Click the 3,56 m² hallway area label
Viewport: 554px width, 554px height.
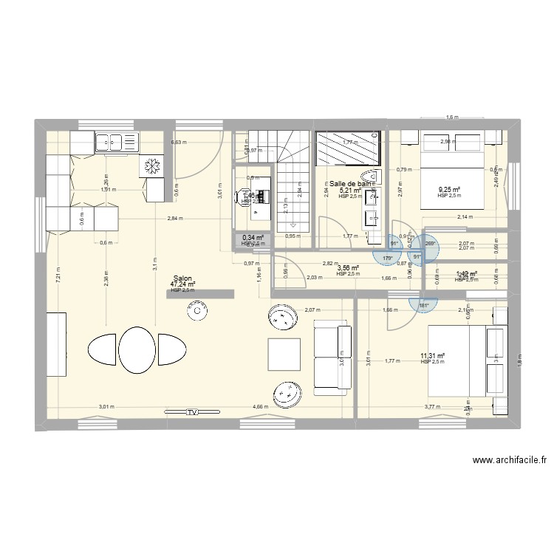tap(348, 268)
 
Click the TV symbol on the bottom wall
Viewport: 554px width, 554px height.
tap(193, 411)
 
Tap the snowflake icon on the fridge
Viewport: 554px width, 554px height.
tap(153, 168)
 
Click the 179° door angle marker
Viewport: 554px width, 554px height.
tap(388, 258)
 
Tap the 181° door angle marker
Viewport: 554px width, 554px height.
tap(423, 304)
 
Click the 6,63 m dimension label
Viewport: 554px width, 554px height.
tap(179, 142)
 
